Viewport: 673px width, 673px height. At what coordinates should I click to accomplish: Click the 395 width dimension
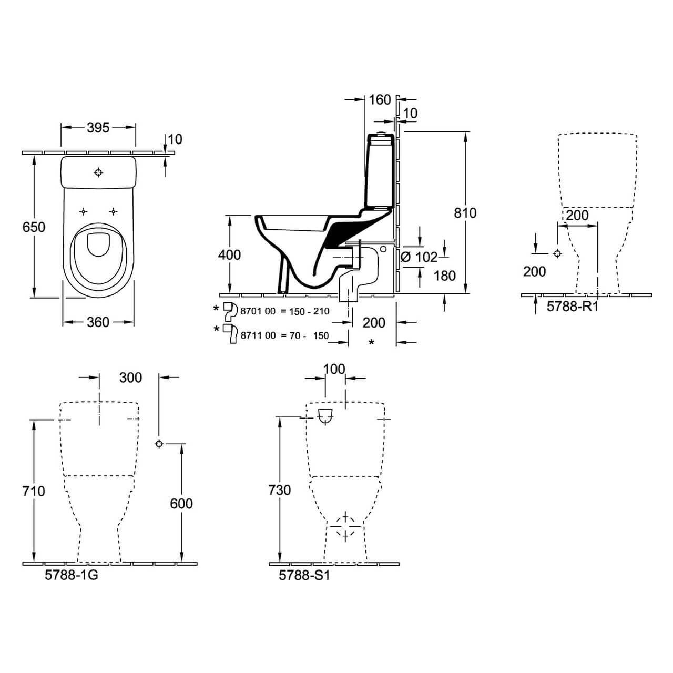tap(98, 128)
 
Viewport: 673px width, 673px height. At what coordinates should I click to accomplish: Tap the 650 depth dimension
tap(34, 227)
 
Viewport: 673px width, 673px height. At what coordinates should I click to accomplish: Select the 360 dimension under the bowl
tap(98, 322)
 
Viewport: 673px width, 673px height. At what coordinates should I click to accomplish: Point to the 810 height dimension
tap(465, 213)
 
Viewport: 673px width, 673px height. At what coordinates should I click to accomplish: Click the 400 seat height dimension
tap(229, 255)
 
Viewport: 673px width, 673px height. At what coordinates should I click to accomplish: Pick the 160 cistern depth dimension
tap(380, 100)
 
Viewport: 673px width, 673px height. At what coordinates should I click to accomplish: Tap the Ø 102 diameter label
tap(419, 258)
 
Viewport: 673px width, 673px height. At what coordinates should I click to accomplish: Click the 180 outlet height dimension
tap(445, 276)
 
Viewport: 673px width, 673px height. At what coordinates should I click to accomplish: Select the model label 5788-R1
tap(573, 307)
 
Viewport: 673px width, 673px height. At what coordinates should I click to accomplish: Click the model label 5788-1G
tap(72, 575)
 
